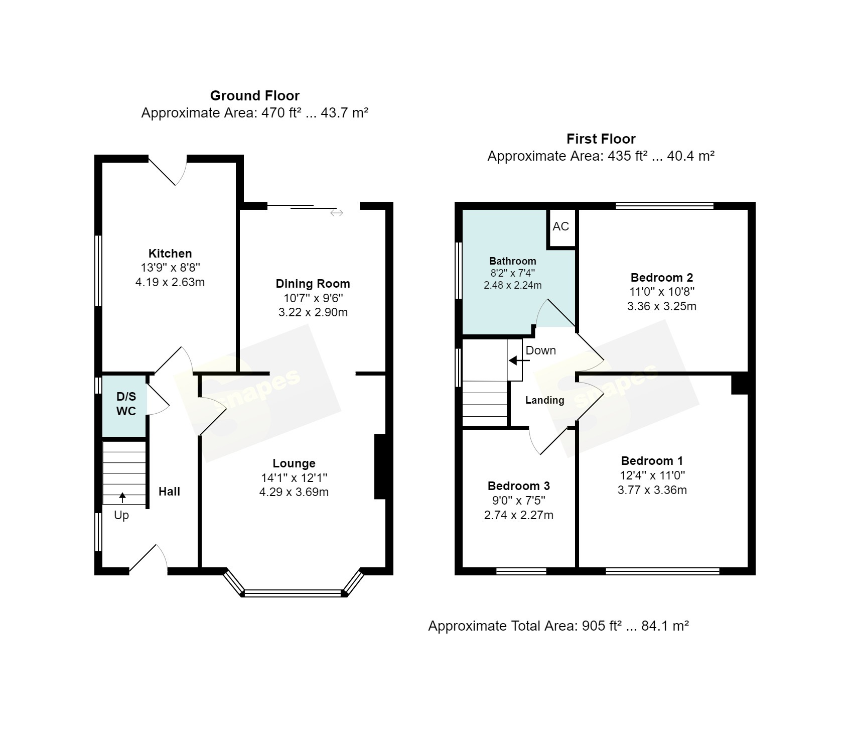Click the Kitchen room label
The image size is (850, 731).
click(x=170, y=254)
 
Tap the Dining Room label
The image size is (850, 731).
click(x=313, y=284)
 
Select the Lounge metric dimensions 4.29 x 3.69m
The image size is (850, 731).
click(x=294, y=492)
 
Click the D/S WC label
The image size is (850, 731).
click(x=126, y=404)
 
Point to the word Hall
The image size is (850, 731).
click(x=170, y=492)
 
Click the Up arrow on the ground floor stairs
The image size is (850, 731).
click(x=122, y=498)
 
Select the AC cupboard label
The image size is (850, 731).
click(x=561, y=226)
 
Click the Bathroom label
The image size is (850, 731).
click(x=513, y=261)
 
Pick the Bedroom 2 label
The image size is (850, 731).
click(x=662, y=278)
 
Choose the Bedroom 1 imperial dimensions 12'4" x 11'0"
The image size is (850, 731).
click(x=652, y=475)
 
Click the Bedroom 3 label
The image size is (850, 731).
click(x=519, y=486)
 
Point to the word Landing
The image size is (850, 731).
click(x=545, y=400)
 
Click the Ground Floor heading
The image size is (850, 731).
click(x=255, y=96)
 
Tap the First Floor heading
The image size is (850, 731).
click(x=601, y=139)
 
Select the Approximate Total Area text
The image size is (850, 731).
click(x=558, y=626)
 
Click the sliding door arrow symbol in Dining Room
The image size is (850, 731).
click(x=337, y=213)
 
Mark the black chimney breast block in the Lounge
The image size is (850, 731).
click(x=380, y=466)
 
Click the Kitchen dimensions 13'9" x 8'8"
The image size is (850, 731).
click(x=170, y=268)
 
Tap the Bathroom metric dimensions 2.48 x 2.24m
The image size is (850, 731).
click(x=513, y=285)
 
